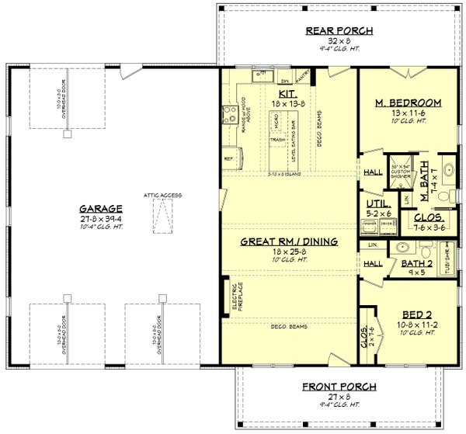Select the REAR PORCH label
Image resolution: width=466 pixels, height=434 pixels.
coord(339,31)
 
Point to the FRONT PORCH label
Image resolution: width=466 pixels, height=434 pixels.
coord(339,386)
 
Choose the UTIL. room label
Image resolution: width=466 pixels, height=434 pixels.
coord(377,204)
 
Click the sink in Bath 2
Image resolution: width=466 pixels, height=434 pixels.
coord(400,249)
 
